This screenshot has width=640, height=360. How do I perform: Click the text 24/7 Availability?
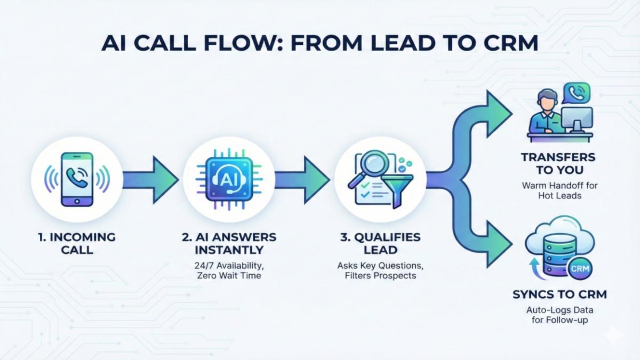click(229, 265)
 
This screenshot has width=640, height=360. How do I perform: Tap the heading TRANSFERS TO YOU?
click(558, 164)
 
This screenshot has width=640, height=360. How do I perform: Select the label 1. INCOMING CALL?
click(78, 243)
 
